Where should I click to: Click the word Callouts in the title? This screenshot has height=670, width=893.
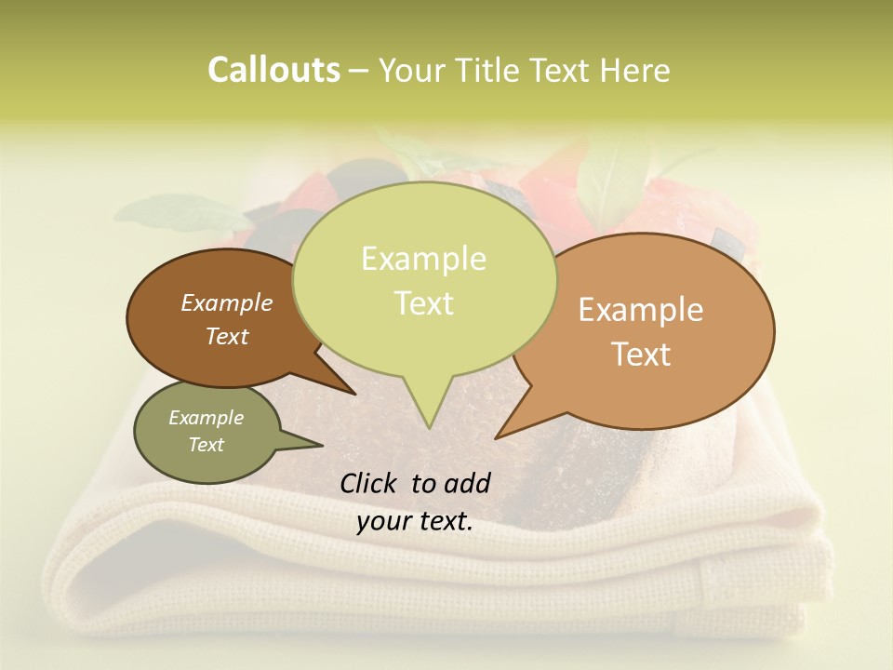(x=273, y=71)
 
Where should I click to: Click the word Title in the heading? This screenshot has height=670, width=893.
(x=490, y=71)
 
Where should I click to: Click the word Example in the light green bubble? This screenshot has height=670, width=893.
(x=423, y=259)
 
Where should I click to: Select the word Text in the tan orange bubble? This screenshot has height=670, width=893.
(x=642, y=355)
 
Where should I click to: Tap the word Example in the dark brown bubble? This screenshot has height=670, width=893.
(x=227, y=302)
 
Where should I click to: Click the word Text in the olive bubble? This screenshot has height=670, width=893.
(x=207, y=445)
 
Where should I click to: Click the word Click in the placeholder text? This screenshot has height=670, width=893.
(x=368, y=483)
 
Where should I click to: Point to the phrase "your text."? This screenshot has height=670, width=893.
(x=415, y=521)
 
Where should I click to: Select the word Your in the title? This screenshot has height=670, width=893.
(x=409, y=71)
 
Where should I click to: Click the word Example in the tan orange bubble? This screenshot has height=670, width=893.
(x=641, y=310)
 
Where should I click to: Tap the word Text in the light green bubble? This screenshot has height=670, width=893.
(x=424, y=303)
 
